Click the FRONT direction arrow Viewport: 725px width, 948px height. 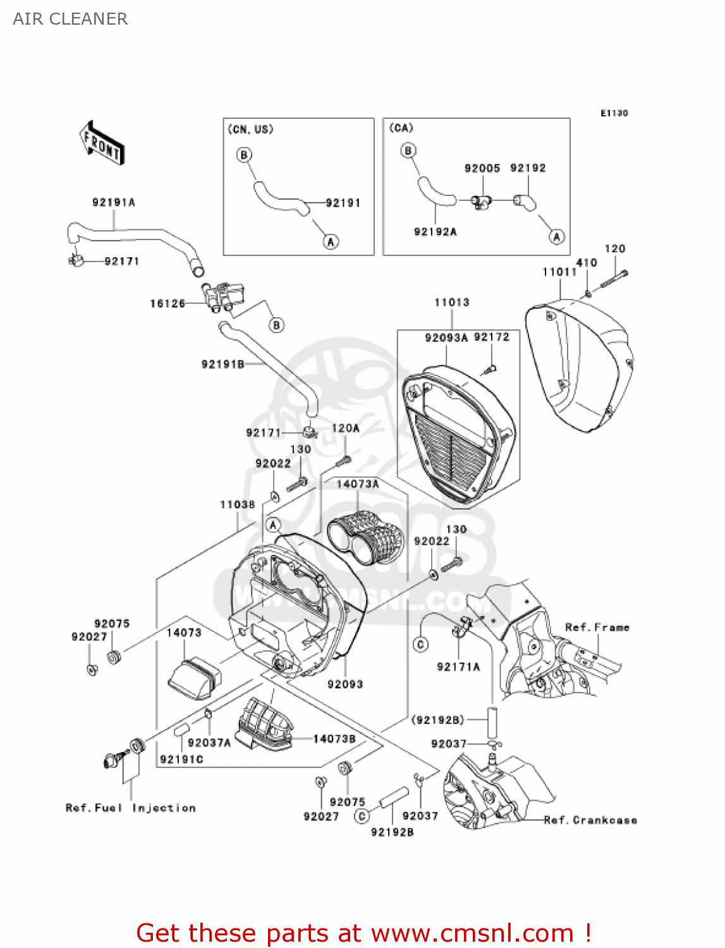102,143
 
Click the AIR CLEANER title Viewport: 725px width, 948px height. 70,19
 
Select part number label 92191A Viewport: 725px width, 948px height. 114,202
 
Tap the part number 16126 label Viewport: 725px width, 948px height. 168,303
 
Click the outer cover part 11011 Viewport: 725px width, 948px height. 578,367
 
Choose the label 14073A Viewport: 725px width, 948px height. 358,484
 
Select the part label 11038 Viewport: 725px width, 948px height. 238,504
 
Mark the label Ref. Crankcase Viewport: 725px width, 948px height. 590,820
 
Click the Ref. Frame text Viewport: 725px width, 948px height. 597,627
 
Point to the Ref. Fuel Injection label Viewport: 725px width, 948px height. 131,808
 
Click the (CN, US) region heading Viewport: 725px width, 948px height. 250,129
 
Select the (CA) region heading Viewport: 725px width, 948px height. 401,128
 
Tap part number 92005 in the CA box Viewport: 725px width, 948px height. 482,168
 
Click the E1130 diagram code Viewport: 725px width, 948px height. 614,113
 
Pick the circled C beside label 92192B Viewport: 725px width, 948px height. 362,816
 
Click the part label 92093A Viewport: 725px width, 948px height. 446,337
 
